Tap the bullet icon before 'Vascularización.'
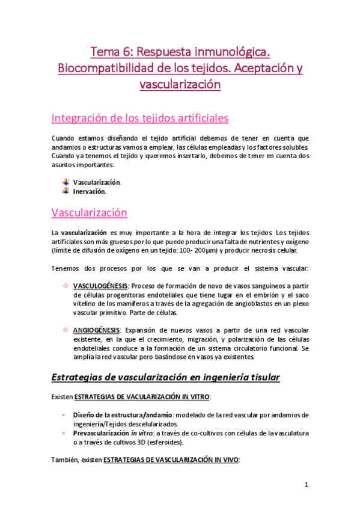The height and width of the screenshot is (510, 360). tap(66, 182)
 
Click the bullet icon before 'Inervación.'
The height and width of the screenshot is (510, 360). tap(66, 191)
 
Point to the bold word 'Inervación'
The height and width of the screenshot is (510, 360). tap(89, 192)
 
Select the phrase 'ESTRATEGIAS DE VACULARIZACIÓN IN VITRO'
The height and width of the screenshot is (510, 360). tap(144, 398)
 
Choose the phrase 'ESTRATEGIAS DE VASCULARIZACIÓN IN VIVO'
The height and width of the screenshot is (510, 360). tap(171, 459)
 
